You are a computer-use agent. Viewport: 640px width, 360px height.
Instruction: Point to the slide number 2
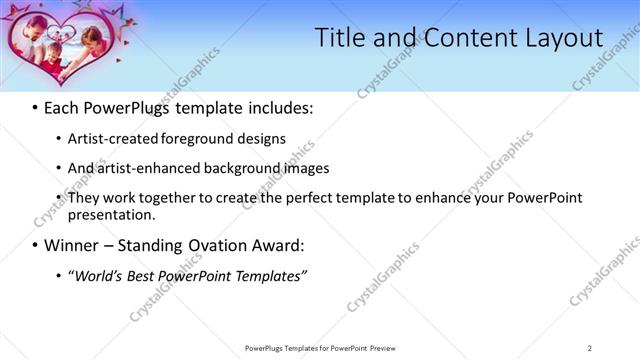click(x=589, y=348)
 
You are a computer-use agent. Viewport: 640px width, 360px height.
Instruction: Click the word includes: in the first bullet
click(x=277, y=105)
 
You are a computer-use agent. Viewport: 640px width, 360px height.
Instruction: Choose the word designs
click(x=260, y=139)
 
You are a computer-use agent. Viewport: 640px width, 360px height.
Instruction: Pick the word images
click(x=303, y=168)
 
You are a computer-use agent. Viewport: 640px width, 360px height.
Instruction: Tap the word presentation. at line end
click(x=111, y=214)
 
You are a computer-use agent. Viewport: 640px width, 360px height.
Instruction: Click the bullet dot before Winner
click(x=35, y=245)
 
